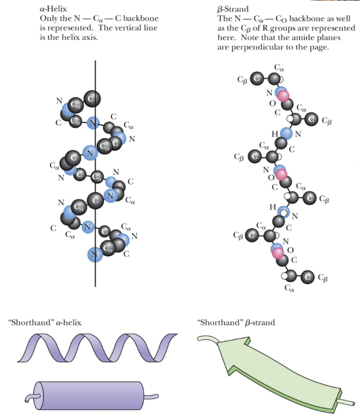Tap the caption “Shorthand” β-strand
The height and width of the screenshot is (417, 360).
tap(237, 323)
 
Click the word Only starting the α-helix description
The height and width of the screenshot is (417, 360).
tap(49, 19)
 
